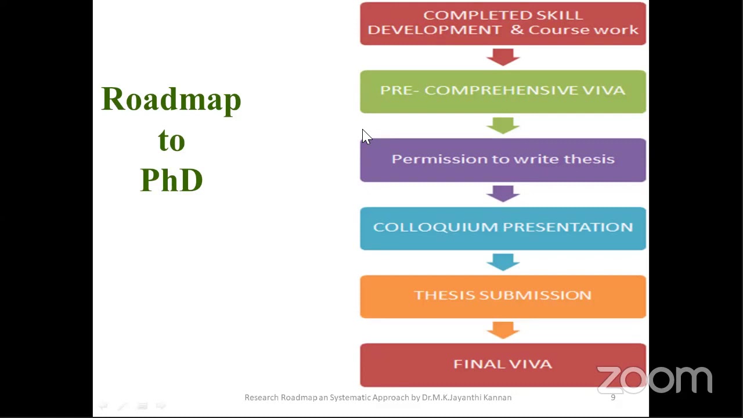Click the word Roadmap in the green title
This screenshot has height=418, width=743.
click(171, 100)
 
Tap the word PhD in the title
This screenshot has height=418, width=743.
click(171, 180)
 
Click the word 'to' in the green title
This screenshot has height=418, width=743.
click(171, 140)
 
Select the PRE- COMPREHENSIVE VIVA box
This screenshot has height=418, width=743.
click(503, 91)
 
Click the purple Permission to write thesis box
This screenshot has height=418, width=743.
click(503, 160)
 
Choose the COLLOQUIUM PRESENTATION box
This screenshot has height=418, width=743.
click(503, 228)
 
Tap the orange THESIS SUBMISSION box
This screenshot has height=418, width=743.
click(503, 296)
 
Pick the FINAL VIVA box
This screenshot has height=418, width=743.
click(503, 365)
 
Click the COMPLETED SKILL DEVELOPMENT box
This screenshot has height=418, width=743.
click(503, 23)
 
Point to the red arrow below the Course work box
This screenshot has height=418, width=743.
click(503, 57)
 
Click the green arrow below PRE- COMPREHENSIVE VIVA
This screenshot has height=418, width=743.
click(503, 125)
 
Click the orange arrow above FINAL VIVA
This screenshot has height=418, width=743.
click(503, 330)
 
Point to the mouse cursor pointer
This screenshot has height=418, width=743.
click(366, 136)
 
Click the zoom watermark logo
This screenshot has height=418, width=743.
click(654, 380)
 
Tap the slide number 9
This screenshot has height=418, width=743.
click(613, 398)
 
